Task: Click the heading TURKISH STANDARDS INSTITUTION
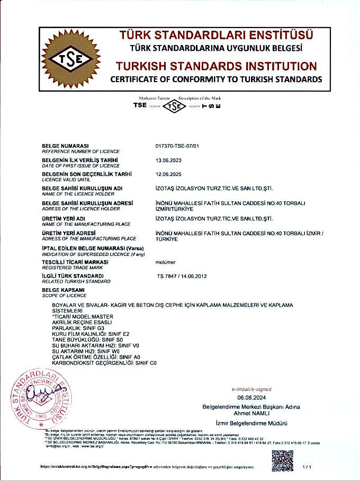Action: [x=216, y=67]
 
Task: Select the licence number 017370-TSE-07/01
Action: [x=177, y=146]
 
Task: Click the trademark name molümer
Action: [x=166, y=262]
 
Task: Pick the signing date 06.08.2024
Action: [x=251, y=397]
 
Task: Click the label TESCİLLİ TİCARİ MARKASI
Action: [x=75, y=262]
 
